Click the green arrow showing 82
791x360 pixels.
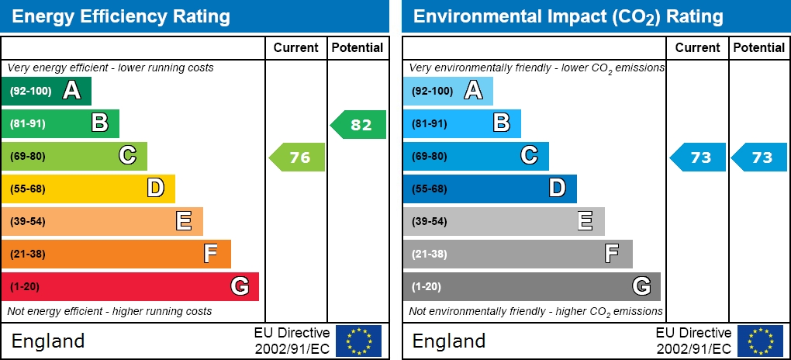tap(359, 124)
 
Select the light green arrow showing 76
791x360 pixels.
tap(298, 157)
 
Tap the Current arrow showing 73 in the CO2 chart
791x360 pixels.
tap(699, 157)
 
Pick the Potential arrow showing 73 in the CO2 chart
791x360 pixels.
tap(760, 157)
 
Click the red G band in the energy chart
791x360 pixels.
tap(130, 286)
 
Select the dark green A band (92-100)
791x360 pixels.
tap(46, 91)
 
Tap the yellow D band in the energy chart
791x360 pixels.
tap(88, 189)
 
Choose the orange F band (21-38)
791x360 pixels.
tap(116, 254)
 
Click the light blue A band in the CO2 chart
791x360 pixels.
tap(447, 91)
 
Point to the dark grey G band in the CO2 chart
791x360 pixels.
tap(531, 286)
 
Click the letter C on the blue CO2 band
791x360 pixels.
tap(529, 156)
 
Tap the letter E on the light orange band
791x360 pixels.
tap(184, 221)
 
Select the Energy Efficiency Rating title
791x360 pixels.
tap(121, 16)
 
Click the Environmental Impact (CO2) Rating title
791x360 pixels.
tap(568, 16)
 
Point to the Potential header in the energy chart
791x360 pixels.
tap(357, 47)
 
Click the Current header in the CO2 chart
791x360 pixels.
tap(698, 47)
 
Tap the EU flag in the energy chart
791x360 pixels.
tap(358, 341)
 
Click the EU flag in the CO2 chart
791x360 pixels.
tap(760, 341)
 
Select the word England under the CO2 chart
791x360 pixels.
tap(449, 341)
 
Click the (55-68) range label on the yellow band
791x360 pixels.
tap(28, 189)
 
